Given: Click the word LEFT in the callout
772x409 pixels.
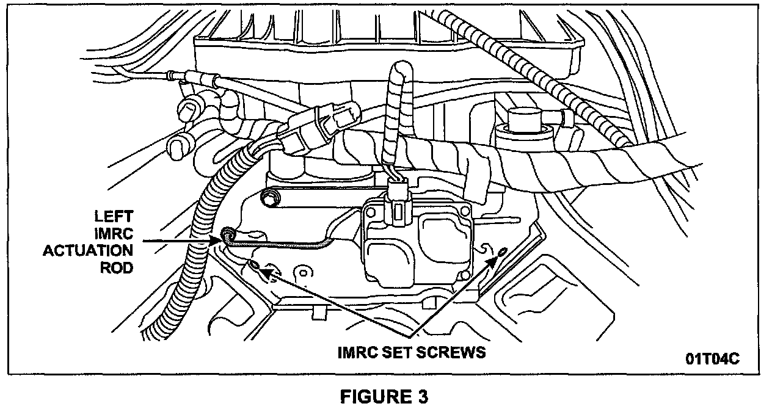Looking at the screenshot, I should (114, 217).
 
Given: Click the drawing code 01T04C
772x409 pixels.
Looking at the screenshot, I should (712, 358).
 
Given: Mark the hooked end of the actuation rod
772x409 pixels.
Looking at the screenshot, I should (228, 234).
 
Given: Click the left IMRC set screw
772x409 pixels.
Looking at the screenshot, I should (253, 265).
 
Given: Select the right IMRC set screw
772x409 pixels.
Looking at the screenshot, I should (502, 252).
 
